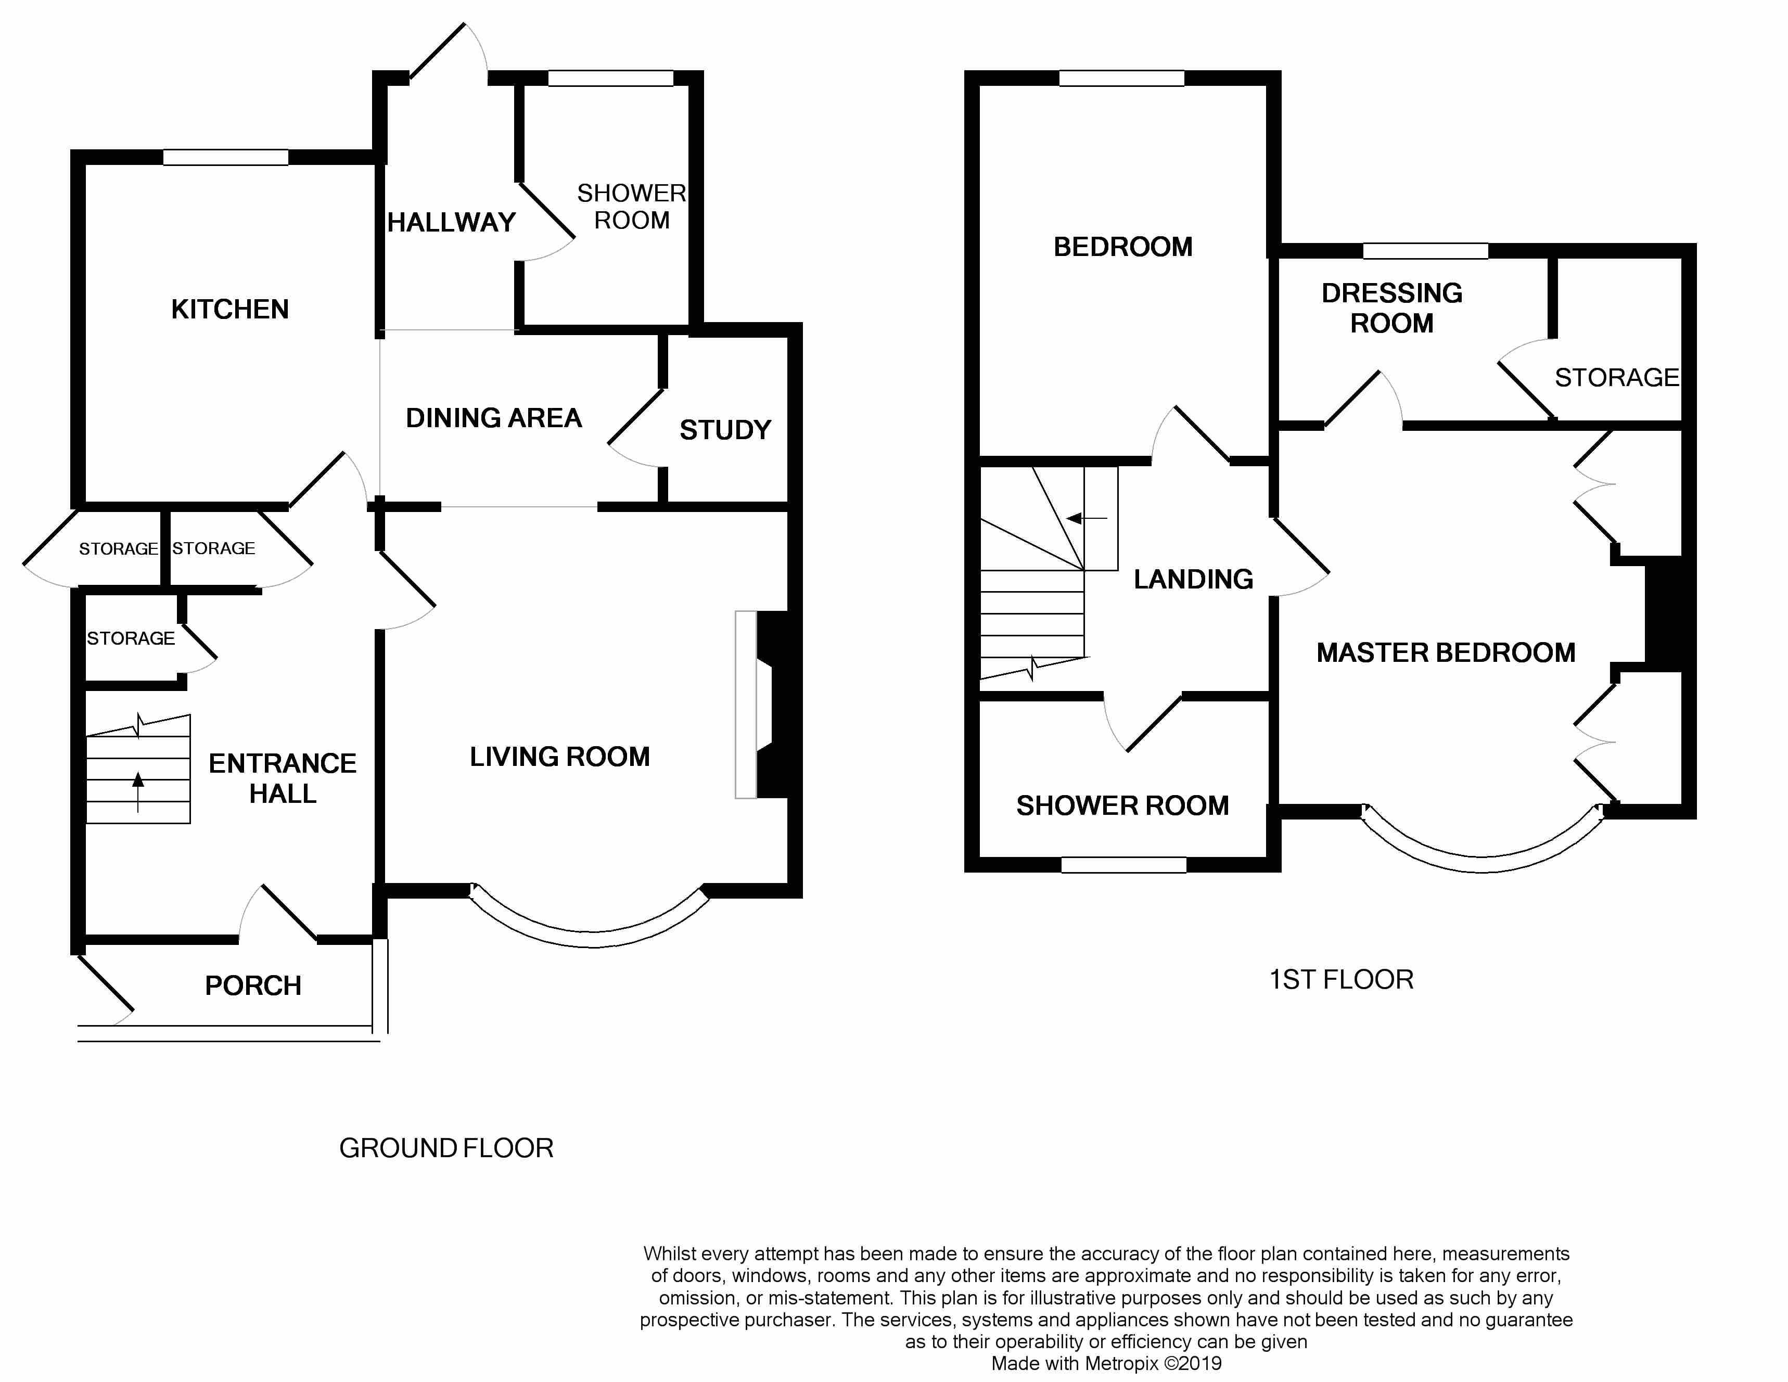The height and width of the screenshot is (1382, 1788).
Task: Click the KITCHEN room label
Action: (x=230, y=310)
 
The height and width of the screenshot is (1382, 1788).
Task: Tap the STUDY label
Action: (x=725, y=430)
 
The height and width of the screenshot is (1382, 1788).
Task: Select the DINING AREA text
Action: (x=494, y=418)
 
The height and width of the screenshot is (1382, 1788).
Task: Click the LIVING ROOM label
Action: (x=560, y=757)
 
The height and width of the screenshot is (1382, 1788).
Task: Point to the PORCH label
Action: (x=253, y=986)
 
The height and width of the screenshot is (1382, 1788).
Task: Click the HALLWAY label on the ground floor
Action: (x=451, y=222)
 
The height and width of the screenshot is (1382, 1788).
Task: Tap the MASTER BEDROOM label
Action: (x=1446, y=652)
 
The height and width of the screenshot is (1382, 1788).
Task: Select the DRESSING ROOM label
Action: (x=1392, y=308)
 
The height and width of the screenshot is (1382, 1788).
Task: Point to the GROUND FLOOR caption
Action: (x=446, y=1148)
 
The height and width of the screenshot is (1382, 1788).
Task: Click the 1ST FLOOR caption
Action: (x=1341, y=979)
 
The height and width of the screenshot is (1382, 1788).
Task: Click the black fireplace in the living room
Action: (x=774, y=704)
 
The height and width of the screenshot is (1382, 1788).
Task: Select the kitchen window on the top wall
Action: (x=225, y=157)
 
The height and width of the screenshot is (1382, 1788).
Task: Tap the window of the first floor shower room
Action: (x=1123, y=865)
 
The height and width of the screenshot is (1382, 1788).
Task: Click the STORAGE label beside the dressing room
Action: (x=1616, y=377)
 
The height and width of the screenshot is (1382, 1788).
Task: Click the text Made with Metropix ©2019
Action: (x=1106, y=1363)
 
